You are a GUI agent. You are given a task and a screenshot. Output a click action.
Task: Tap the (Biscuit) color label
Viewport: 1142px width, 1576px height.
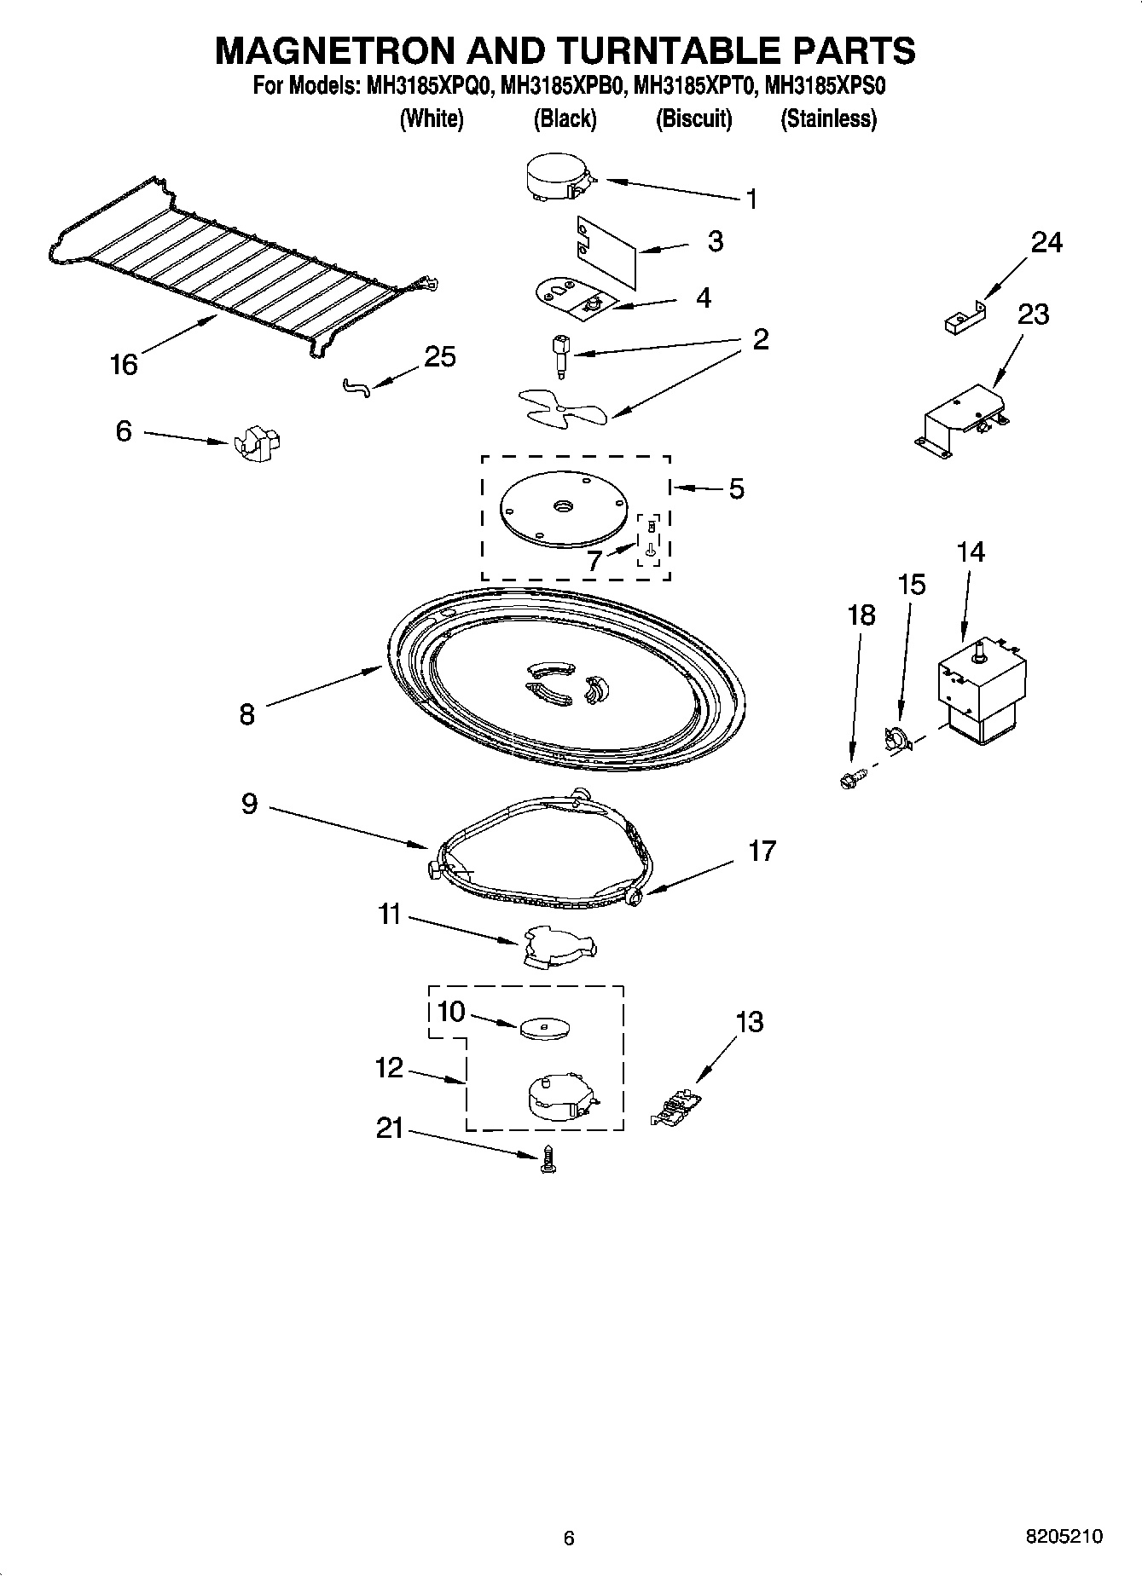[693, 118]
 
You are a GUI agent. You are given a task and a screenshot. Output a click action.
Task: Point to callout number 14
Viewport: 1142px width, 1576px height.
[970, 552]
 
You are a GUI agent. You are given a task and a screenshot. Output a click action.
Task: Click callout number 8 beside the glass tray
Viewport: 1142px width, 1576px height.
[246, 713]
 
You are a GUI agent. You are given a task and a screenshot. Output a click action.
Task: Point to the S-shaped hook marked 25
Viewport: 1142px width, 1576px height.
[357, 388]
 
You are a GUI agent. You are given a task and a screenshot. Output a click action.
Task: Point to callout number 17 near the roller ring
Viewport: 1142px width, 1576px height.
[762, 851]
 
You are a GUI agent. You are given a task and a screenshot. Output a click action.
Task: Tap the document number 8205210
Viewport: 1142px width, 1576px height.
[1064, 1537]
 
